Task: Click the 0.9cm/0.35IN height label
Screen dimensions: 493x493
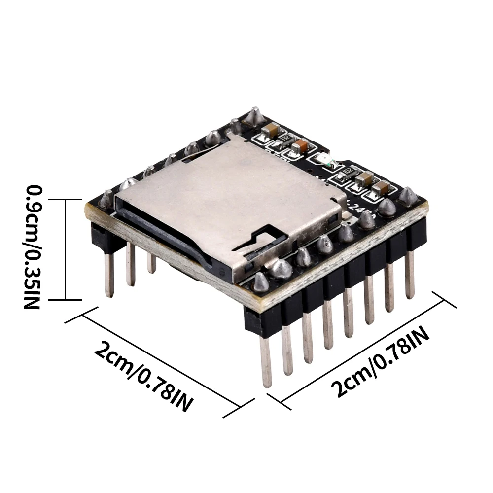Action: pos(32,246)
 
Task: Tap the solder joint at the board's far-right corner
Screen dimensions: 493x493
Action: pos(408,196)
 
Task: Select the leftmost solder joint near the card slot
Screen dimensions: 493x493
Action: pos(105,199)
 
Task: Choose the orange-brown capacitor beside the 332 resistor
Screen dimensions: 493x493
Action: pos(299,145)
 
